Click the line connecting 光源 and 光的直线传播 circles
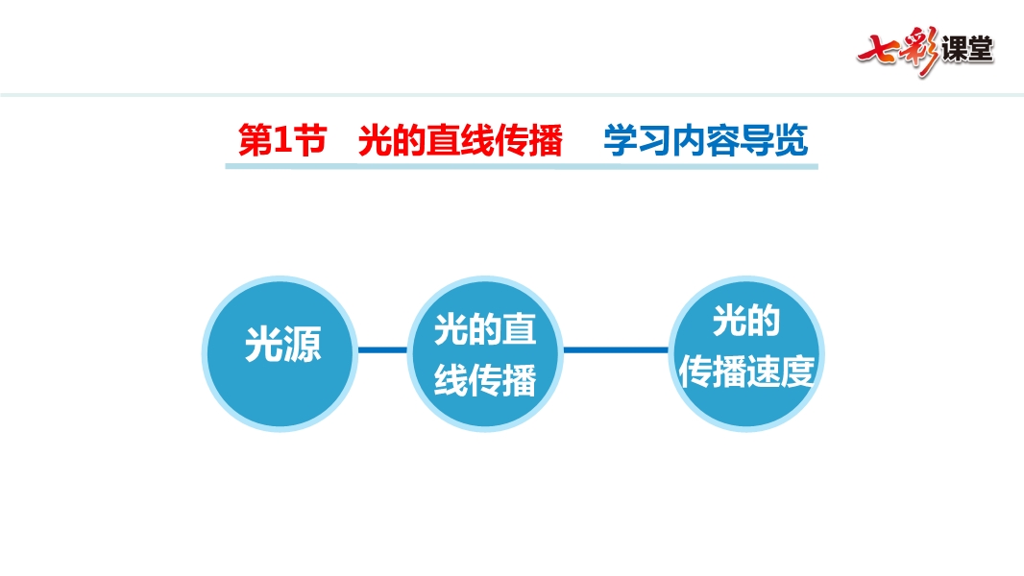point(382,350)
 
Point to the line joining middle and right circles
point(616,350)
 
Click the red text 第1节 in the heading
point(282,140)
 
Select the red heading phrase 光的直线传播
point(460,140)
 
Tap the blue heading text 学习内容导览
point(706,140)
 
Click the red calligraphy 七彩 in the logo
point(898,51)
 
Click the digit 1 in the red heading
point(281,139)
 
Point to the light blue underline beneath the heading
point(522,167)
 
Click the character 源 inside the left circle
point(303,345)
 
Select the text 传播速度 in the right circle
point(746,372)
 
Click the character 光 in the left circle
point(263,345)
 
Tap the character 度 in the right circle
point(797,372)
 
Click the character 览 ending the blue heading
point(792,140)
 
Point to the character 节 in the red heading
point(310,140)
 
